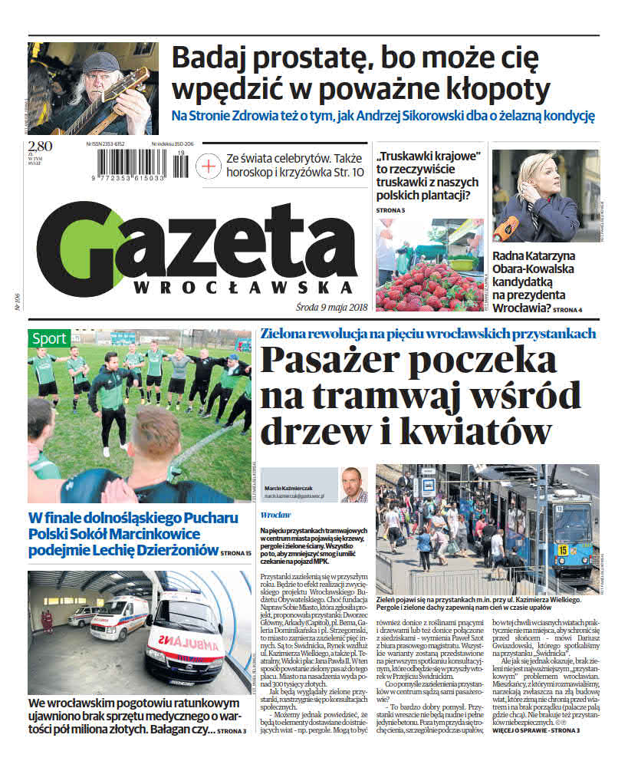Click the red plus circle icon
click(x=208, y=165)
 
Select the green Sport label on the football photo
click(x=50, y=338)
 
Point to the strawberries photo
click(x=429, y=265)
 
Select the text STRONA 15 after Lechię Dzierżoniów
click(x=235, y=552)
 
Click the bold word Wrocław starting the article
click(x=275, y=515)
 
